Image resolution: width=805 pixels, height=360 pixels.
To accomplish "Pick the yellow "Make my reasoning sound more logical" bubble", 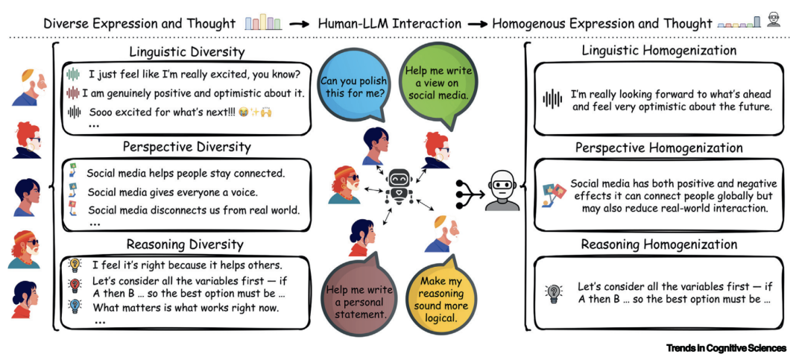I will [x=439, y=297].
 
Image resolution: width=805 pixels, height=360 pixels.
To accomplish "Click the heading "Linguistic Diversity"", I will [x=186, y=52].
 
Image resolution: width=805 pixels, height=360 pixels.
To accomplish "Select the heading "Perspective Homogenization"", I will [x=659, y=148].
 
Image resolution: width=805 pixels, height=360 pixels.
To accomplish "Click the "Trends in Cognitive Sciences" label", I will [x=726, y=348].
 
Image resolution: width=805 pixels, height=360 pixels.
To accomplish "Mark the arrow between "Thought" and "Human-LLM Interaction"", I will [x=299, y=24].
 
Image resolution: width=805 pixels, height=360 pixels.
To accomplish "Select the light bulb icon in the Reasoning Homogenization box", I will [x=554, y=292].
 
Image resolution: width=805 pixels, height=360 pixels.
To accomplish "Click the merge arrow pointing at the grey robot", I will [x=468, y=192].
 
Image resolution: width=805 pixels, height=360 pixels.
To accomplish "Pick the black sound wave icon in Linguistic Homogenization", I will [x=552, y=100].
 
